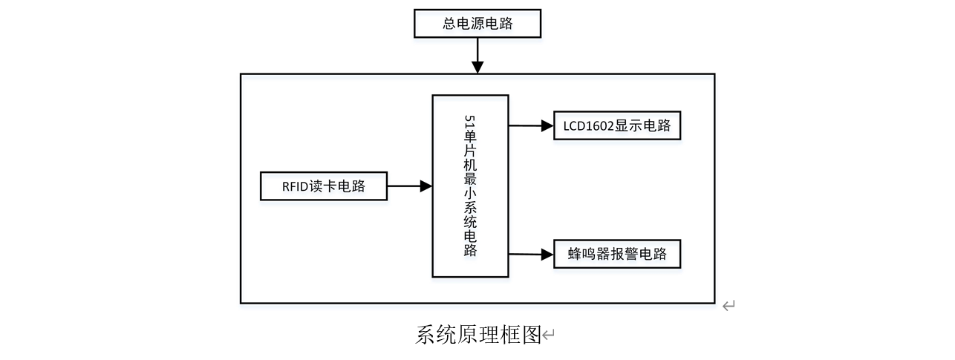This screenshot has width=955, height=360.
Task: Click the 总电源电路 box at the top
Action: coord(477,24)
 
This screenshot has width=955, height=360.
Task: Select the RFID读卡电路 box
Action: coord(324,186)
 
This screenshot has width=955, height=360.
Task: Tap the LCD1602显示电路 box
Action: coord(617,125)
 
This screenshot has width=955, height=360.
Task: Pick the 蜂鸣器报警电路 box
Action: coord(617,255)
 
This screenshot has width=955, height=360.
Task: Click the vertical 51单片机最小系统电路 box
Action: coord(470,186)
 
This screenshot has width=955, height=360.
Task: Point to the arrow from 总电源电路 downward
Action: coord(477,55)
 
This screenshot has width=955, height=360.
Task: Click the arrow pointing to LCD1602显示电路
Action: coord(531,125)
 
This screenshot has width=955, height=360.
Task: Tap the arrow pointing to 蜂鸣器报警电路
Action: coord(531,255)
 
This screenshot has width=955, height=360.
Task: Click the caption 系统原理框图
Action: coord(477,335)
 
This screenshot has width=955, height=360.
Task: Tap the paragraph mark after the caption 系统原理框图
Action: coord(549,336)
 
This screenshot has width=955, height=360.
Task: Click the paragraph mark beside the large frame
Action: coord(729,305)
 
